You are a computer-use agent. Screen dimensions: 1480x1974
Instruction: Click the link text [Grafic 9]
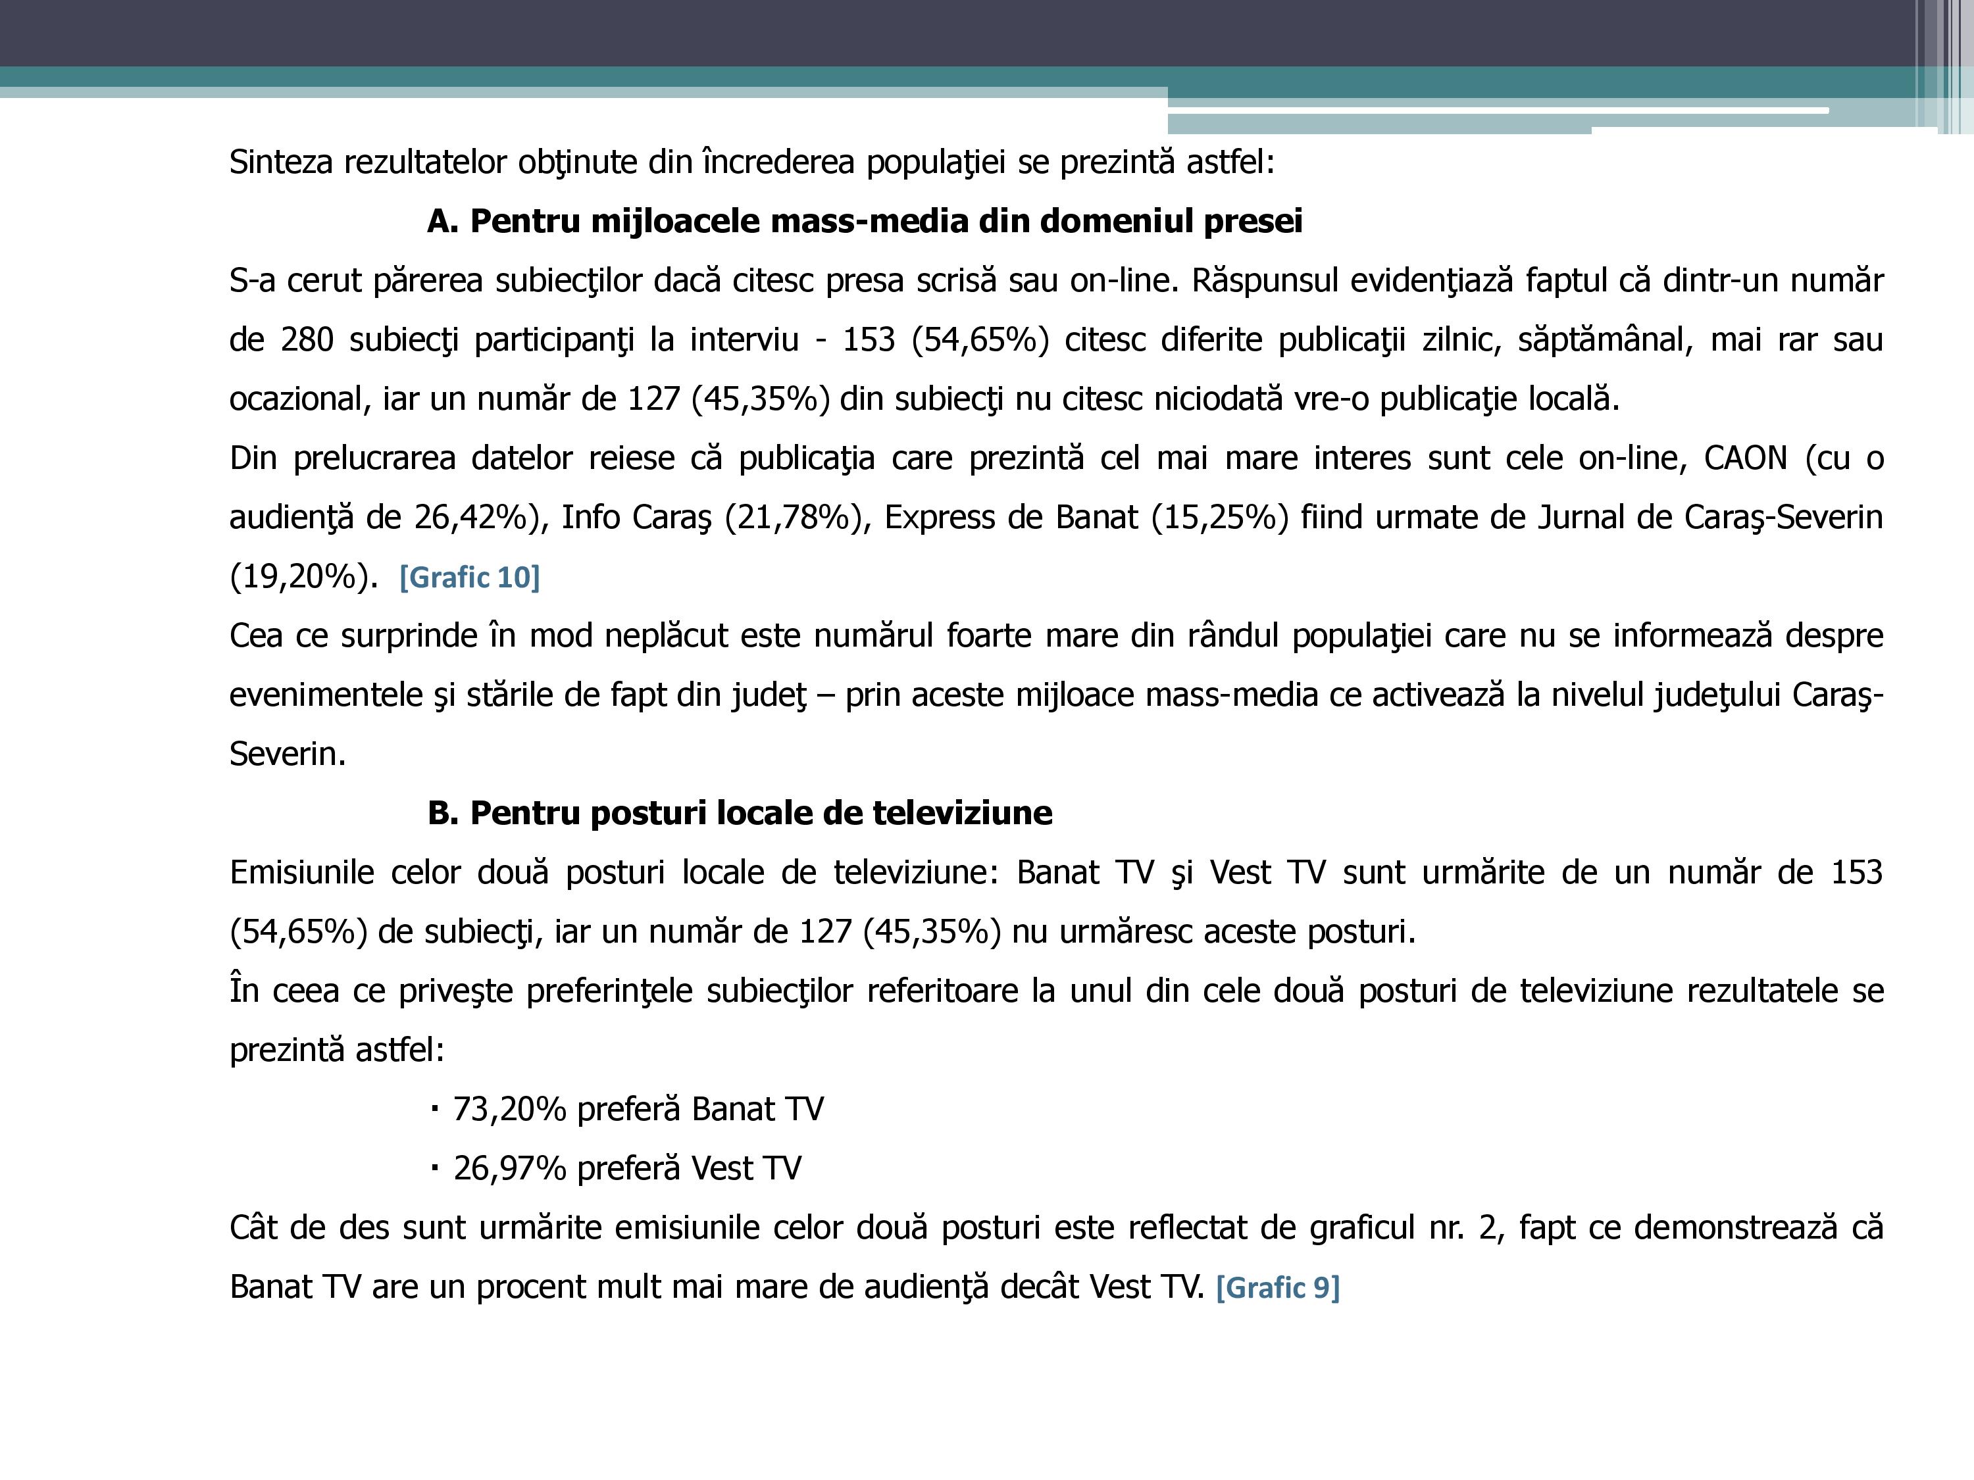click(x=1277, y=1287)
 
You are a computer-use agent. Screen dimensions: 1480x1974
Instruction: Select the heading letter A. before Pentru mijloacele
click(x=443, y=221)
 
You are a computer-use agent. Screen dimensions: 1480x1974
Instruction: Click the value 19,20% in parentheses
click(x=298, y=577)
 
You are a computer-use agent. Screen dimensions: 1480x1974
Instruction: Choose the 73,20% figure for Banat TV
click(x=509, y=1109)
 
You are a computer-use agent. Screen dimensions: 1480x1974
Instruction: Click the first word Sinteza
click(x=281, y=162)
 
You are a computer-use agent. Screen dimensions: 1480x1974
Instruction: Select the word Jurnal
click(x=1581, y=518)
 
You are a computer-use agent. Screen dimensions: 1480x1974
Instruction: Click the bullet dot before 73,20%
click(x=434, y=1109)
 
